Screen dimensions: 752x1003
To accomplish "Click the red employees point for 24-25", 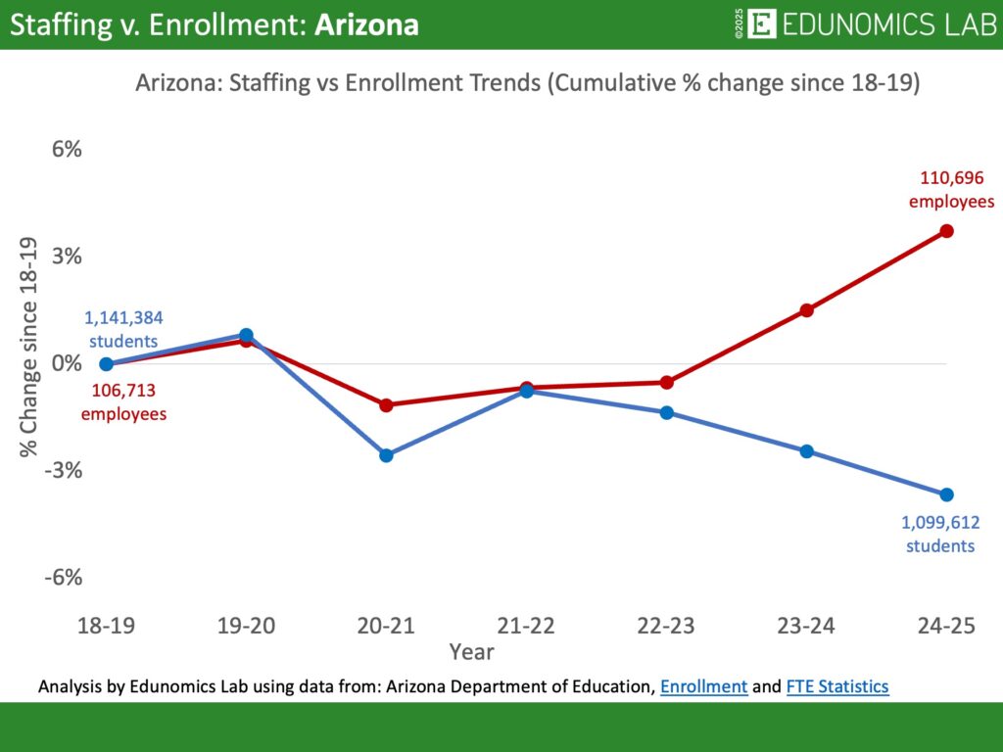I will pyautogui.click(x=946, y=231).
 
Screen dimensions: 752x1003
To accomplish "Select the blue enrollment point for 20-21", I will pyautogui.click(x=386, y=455).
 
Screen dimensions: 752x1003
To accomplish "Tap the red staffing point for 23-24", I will pyautogui.click(x=806, y=310).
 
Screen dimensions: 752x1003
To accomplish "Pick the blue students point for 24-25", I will pyautogui.click(x=946, y=494).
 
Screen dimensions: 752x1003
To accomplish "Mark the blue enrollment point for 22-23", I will pyautogui.click(x=666, y=412).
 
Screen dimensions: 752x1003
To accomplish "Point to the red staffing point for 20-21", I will pyautogui.click(x=386, y=404).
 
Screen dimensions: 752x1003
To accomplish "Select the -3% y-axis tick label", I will pyautogui.click(x=63, y=470).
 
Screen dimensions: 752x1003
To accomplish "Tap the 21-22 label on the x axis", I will pyautogui.click(x=526, y=627).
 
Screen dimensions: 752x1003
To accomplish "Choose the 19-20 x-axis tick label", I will pyautogui.click(x=246, y=627).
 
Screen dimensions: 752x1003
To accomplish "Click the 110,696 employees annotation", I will pyautogui.click(x=951, y=190).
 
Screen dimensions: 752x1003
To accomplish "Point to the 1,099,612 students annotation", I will pyautogui.click(x=940, y=535).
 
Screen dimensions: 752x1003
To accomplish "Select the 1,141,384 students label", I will pyautogui.click(x=123, y=329).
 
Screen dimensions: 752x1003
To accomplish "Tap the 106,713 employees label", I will pyautogui.click(x=123, y=401).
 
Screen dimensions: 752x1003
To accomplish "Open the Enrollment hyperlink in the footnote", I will pyautogui.click(x=703, y=687).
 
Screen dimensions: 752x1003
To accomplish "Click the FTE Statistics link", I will pyautogui.click(x=837, y=687).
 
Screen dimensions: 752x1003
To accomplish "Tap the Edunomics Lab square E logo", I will pyautogui.click(x=761, y=24).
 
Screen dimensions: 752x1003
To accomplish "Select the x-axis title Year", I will pyautogui.click(x=471, y=651).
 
